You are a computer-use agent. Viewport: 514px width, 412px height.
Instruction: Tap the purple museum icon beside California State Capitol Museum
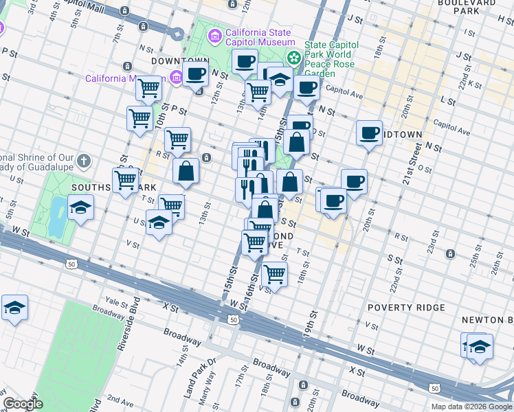pyautogui.click(x=215, y=35)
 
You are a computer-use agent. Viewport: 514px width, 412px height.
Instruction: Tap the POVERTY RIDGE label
pyautogui.click(x=406, y=308)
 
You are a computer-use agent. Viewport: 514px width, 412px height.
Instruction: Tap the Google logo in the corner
pyautogui.click(x=23, y=404)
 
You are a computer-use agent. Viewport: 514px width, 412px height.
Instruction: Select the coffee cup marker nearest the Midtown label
pyautogui.click(x=369, y=132)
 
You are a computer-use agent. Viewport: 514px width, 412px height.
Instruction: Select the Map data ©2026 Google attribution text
pyautogui.click(x=471, y=406)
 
